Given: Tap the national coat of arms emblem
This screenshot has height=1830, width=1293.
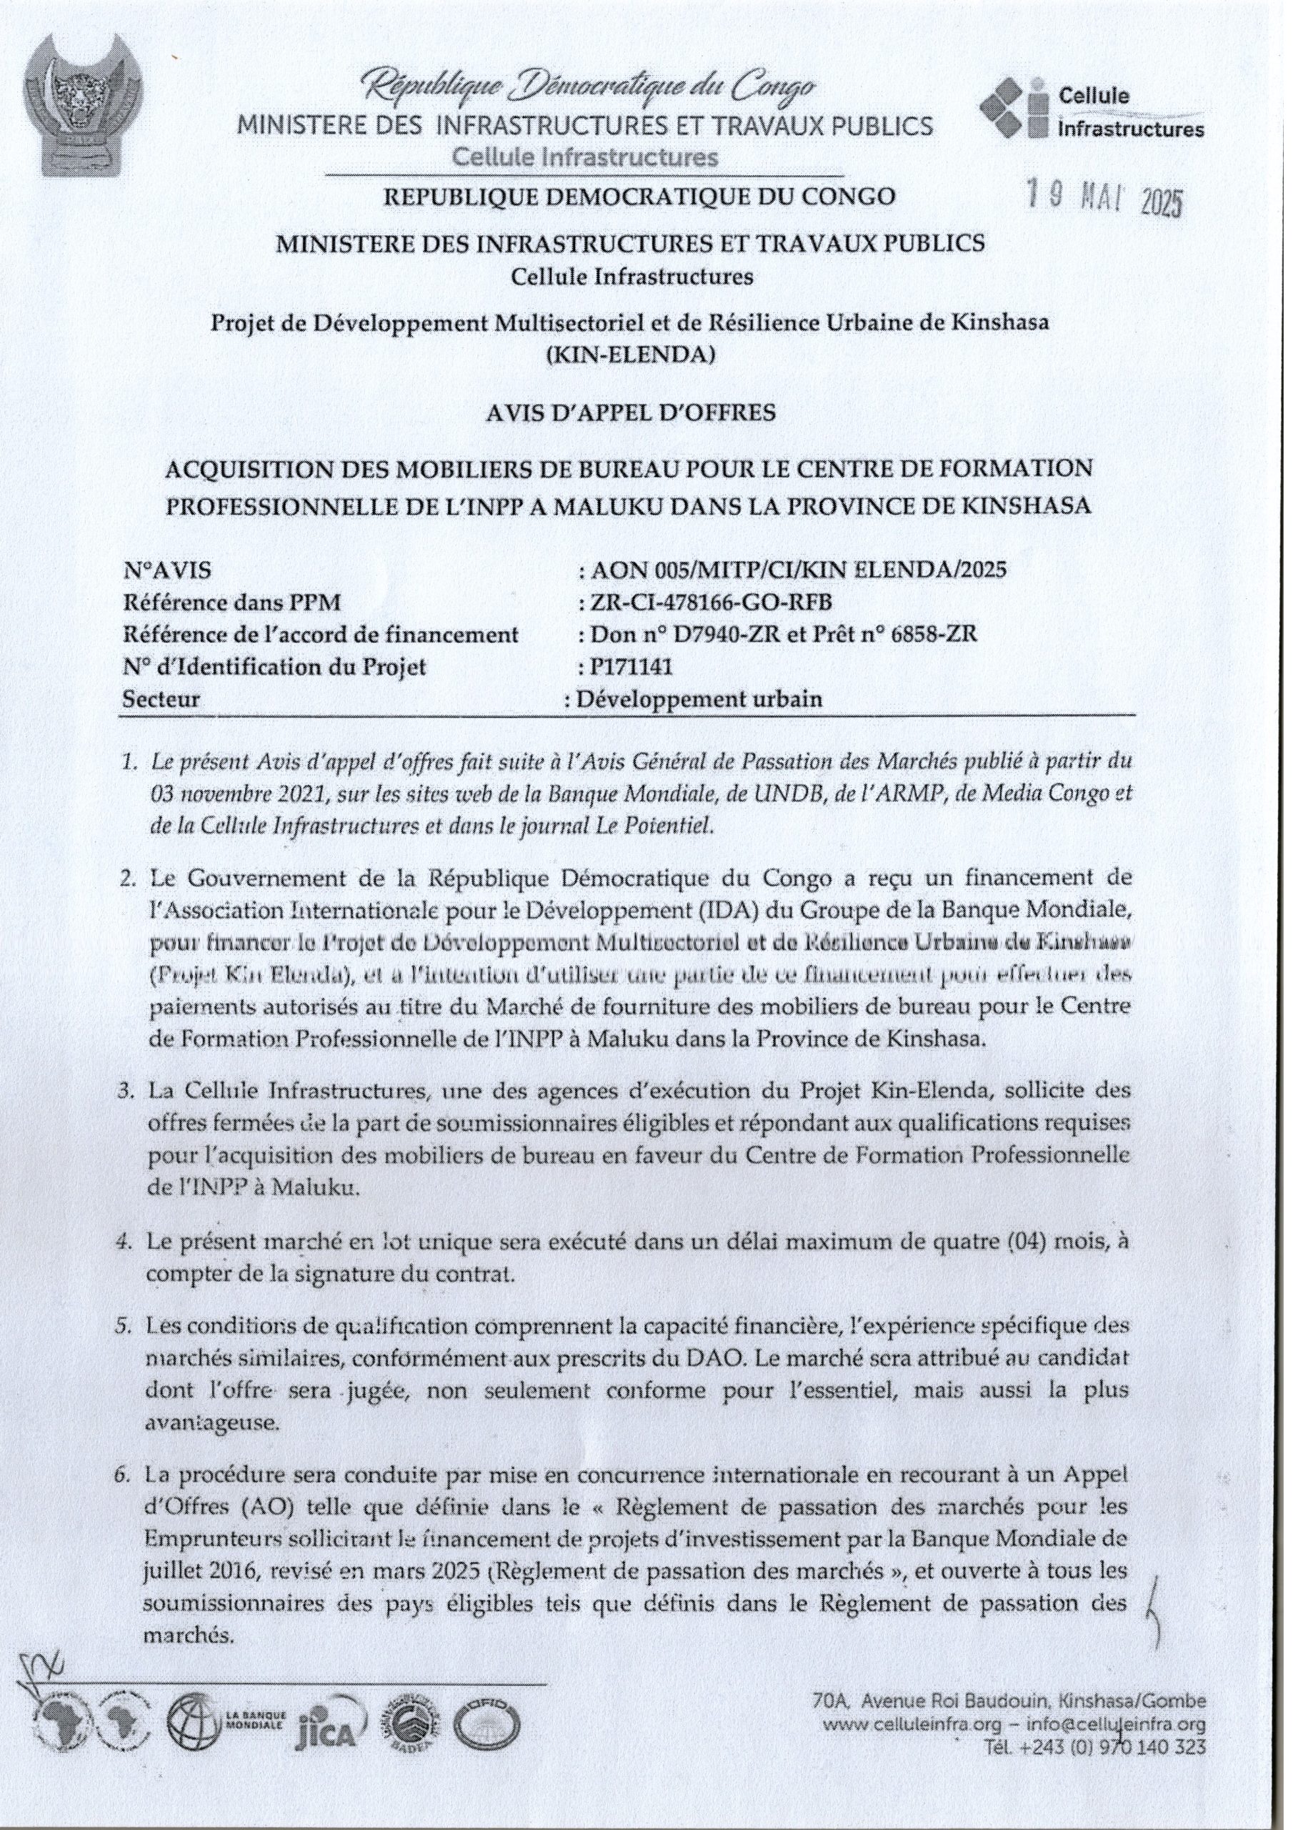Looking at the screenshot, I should (82, 113).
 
